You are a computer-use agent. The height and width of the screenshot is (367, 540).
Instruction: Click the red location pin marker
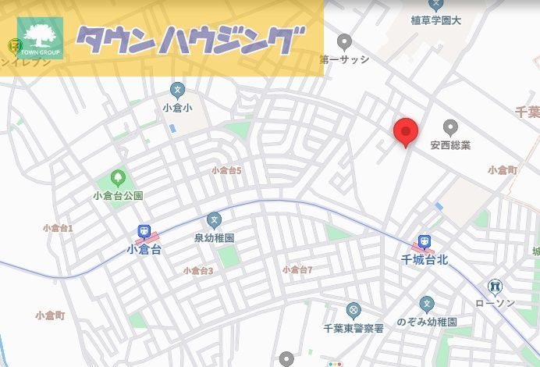tap(406, 132)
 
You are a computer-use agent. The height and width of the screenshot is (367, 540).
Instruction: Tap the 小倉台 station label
tap(144, 250)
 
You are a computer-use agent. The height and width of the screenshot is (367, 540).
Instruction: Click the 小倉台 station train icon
tap(144, 232)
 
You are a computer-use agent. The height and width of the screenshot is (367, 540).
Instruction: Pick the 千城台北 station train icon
tap(424, 241)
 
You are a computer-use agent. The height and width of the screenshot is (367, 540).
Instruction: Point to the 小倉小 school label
tap(177, 107)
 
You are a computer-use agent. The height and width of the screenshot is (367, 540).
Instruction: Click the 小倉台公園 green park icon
tap(119, 178)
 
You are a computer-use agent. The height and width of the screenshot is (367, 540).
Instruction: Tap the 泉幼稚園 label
tap(215, 238)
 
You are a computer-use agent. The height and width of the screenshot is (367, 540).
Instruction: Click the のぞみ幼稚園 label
tap(426, 322)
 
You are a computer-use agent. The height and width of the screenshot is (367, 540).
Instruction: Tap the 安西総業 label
tap(450, 145)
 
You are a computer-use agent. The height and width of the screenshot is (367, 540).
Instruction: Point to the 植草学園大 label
tap(435, 21)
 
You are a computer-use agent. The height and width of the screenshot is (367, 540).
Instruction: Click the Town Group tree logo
tap(40, 37)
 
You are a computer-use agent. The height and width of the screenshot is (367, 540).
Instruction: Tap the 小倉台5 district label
tap(226, 170)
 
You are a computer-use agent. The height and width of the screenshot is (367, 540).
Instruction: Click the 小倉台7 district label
tap(297, 269)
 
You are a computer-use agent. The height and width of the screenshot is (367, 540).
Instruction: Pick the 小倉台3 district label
tap(198, 271)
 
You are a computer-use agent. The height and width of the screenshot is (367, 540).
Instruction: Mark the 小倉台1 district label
tap(58, 228)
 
